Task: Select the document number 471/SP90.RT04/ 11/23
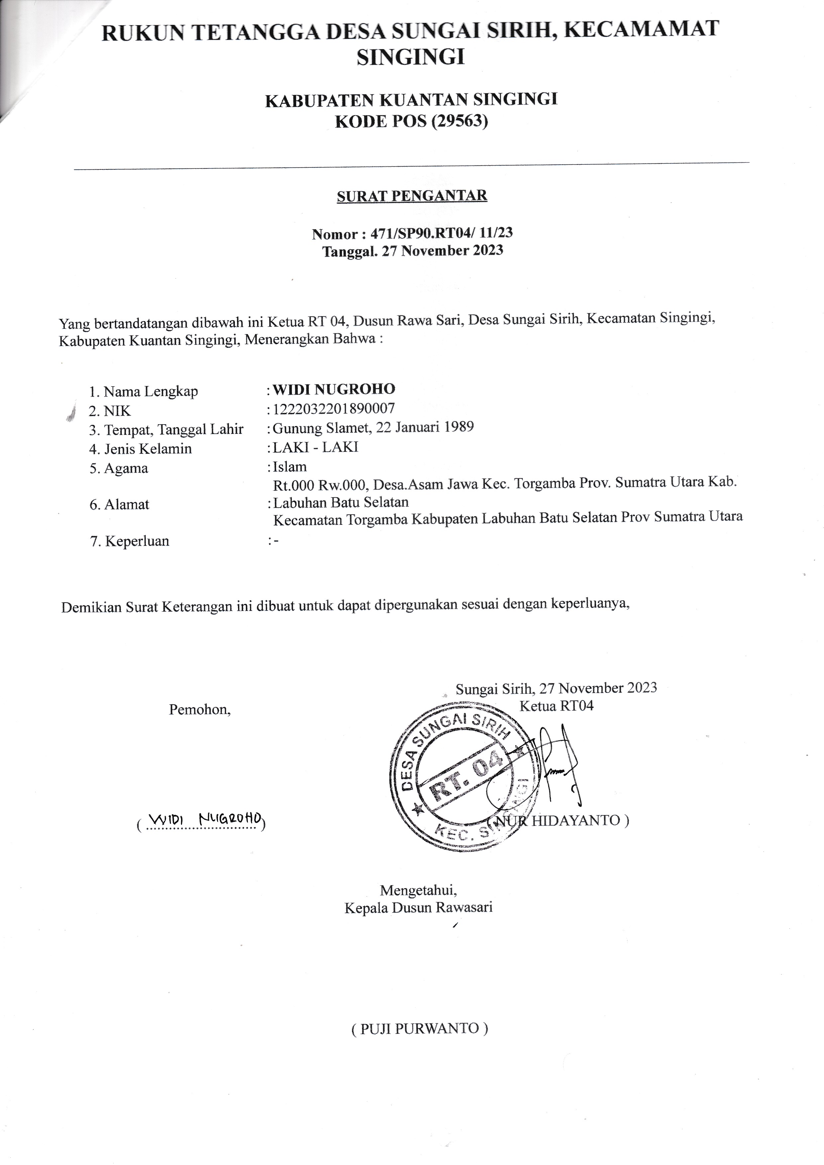442,233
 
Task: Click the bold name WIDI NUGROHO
334,389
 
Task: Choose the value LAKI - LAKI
316,447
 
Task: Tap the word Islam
290,466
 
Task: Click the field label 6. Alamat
119,504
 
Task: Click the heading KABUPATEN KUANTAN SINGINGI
411,99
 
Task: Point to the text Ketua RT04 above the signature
556,706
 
